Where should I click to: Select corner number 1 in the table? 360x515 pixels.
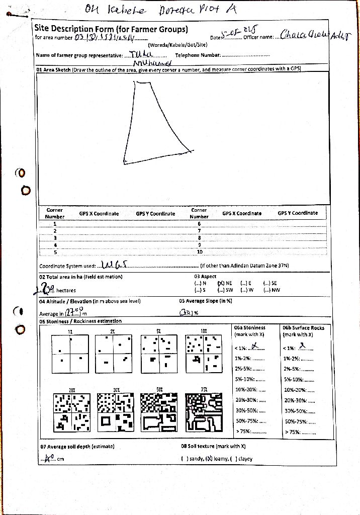tap(55, 223)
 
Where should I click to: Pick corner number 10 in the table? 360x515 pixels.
tap(199, 251)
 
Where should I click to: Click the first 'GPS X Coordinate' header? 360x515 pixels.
tap(99, 214)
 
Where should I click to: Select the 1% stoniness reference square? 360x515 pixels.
tap(70, 355)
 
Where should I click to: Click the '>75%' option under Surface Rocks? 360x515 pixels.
tap(300, 432)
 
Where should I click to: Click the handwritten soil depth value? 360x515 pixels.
tap(49, 458)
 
